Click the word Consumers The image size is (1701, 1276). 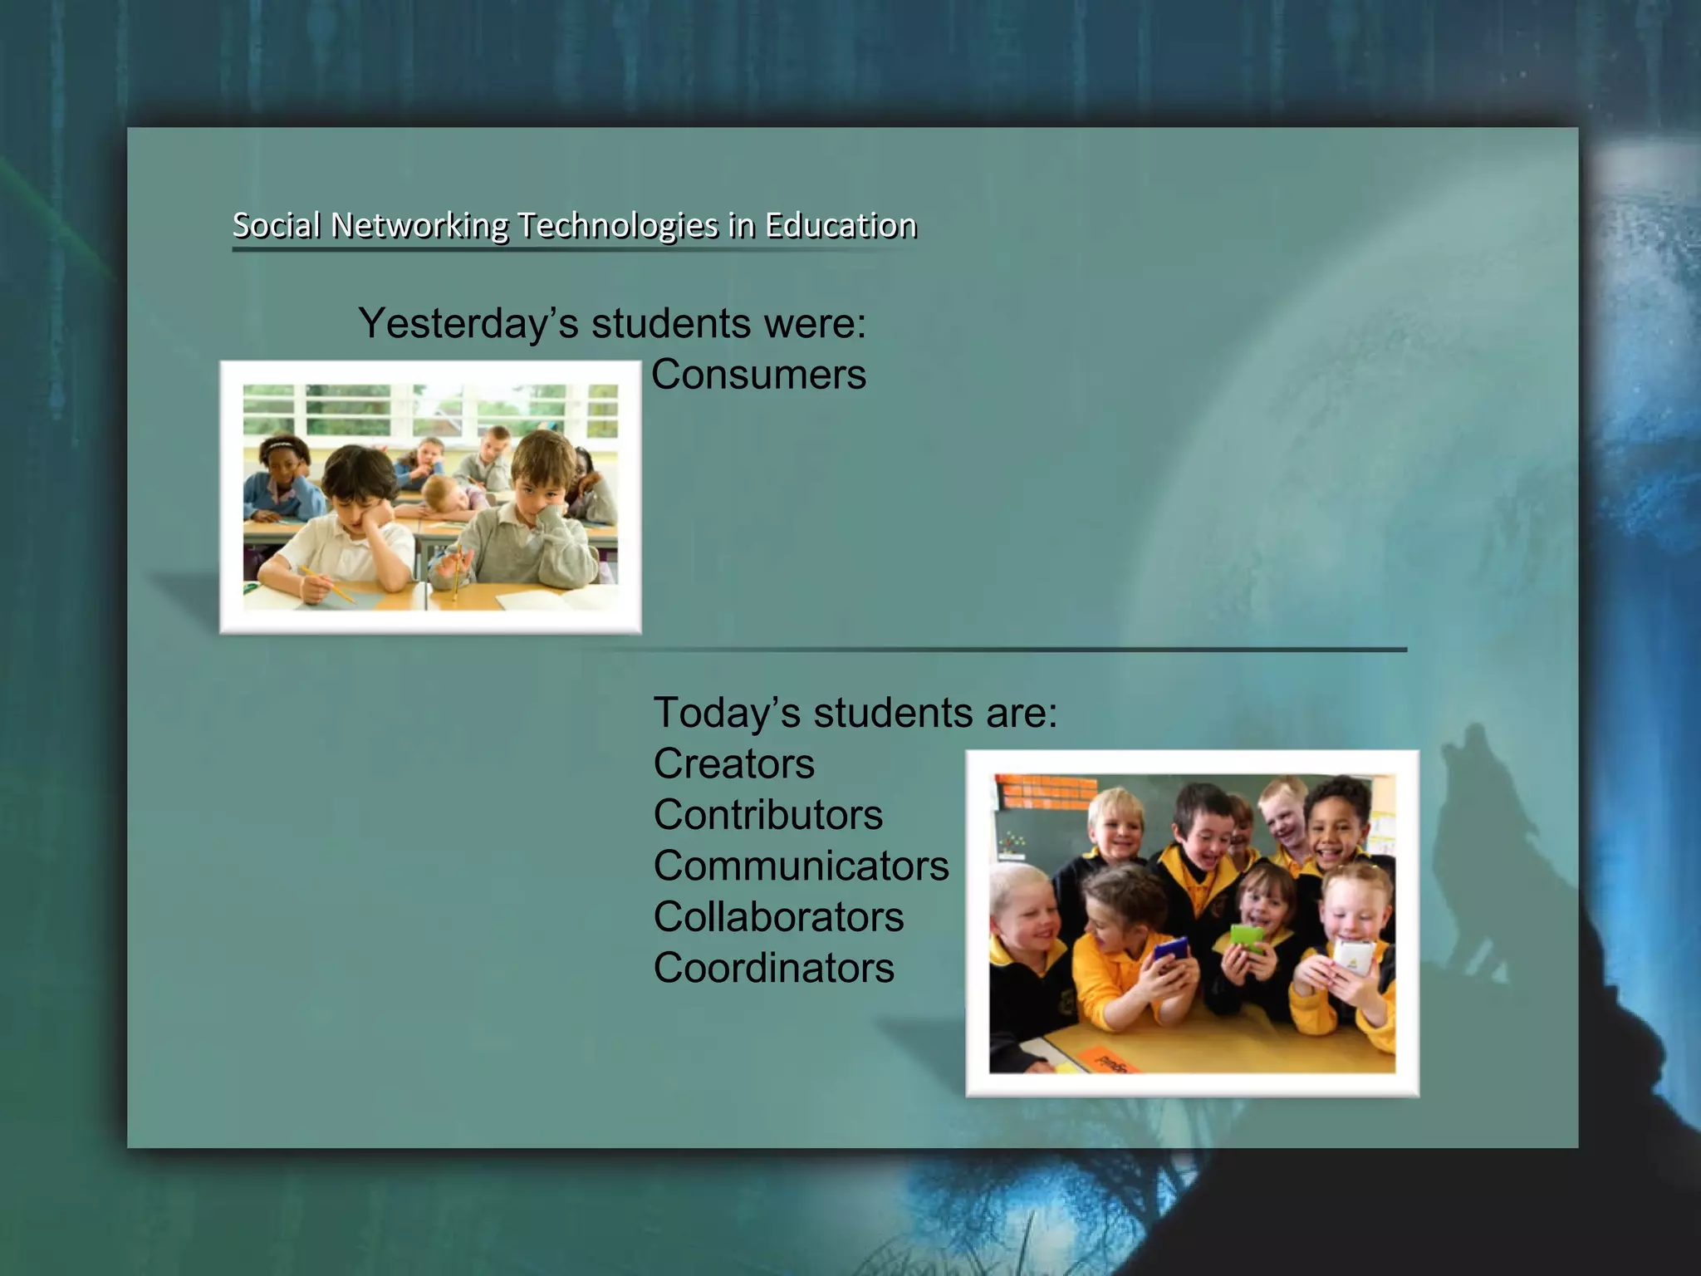tap(758, 375)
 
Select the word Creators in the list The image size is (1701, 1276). tap(733, 763)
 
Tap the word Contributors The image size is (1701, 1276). tap(767, 815)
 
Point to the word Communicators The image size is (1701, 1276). tap(801, 866)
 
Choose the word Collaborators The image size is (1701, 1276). tap(778, 917)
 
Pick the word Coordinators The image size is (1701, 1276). tap(773, 969)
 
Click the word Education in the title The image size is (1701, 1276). tap(841, 225)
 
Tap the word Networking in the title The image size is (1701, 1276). tap(419, 226)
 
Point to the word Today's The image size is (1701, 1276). tap(727, 713)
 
